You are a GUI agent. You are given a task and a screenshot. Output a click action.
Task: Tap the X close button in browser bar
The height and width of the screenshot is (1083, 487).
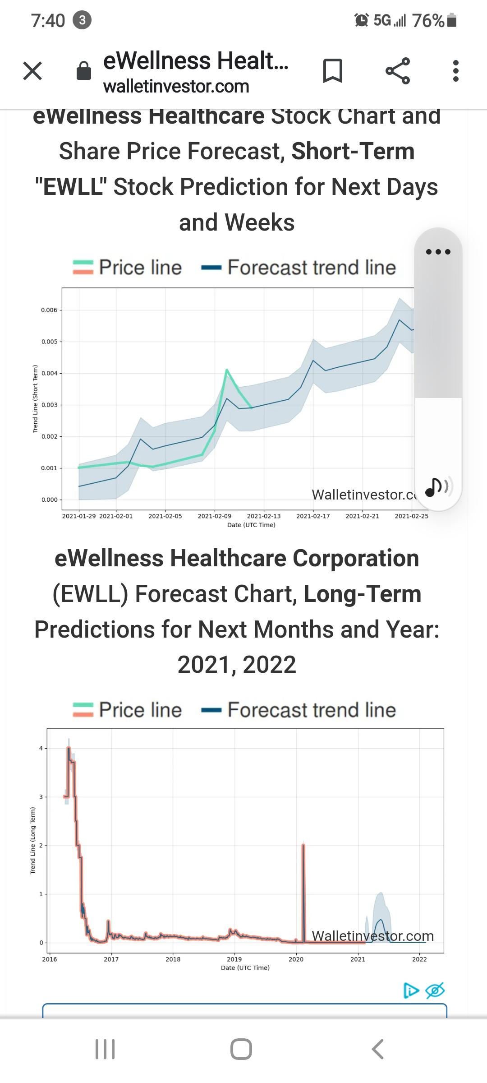(32, 71)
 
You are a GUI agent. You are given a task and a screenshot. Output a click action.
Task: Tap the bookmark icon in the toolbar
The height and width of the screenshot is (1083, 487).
(333, 71)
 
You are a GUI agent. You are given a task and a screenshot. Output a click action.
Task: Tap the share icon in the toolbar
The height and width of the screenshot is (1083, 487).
(398, 71)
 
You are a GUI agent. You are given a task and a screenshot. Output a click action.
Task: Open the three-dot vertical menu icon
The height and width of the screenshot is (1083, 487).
(456, 71)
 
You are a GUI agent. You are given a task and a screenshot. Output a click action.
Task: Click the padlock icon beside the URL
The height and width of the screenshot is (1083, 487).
(84, 71)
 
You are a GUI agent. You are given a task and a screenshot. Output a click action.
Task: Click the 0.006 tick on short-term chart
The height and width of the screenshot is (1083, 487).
(49, 310)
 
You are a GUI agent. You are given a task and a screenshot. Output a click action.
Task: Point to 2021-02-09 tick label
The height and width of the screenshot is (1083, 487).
(214, 516)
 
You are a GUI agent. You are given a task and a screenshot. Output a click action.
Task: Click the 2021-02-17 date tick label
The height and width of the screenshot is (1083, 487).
(313, 516)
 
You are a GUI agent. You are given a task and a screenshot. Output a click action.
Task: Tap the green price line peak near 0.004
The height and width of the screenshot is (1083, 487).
(227, 370)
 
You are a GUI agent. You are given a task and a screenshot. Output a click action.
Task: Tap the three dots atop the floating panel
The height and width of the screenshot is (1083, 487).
(438, 252)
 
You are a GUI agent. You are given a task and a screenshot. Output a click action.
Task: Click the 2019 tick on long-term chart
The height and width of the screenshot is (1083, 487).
(234, 959)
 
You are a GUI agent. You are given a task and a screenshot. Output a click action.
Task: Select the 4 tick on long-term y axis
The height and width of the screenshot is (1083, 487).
(41, 748)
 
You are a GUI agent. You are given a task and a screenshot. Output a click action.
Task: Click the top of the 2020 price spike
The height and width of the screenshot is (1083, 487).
(303, 845)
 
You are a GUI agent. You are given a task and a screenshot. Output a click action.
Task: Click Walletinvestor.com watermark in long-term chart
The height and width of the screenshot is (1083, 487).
(372, 936)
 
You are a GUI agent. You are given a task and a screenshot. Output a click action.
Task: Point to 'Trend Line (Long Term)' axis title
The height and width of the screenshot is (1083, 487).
(32, 840)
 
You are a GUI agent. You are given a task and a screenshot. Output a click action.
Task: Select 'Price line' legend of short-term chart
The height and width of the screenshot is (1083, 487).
(128, 267)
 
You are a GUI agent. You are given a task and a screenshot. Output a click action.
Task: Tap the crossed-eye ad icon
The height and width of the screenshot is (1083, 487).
(435, 990)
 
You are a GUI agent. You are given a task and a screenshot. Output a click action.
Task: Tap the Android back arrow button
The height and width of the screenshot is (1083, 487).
(377, 1049)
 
